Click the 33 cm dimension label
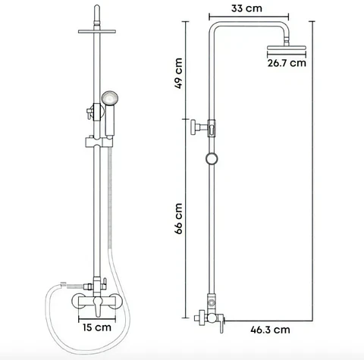point(246,8)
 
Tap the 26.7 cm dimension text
point(287,63)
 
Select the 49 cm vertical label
point(178,74)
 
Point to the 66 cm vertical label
point(178,219)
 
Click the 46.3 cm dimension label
point(270,330)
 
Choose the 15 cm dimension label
point(97,327)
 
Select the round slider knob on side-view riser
point(212,158)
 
